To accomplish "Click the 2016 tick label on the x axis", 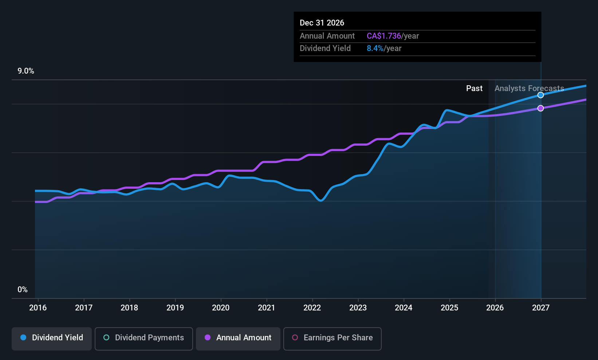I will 38,308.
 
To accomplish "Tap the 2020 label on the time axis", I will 221,308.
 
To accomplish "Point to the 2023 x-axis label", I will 358,308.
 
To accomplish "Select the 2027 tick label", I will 541,308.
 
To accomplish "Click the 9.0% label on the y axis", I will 26,71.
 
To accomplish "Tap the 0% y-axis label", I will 23,290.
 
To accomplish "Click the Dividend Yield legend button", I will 52,338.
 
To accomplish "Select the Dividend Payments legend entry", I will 144,338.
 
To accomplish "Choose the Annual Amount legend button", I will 238,338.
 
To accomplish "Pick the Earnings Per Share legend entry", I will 332,338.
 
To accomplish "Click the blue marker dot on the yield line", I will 541,95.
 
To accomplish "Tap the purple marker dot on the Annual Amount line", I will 541,108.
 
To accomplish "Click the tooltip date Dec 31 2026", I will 322,23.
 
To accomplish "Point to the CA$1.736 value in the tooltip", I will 383,36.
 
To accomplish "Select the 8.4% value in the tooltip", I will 375,48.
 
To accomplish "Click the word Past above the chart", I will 474,89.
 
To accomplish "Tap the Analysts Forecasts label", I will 529,89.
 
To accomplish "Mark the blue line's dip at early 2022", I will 320,200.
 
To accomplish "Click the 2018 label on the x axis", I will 129,308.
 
